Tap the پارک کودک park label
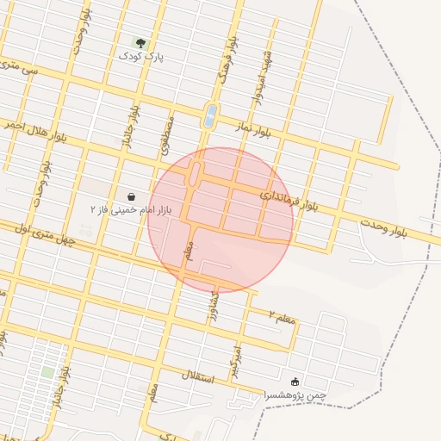click(x=141, y=56)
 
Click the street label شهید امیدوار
click(x=263, y=77)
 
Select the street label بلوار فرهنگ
click(x=227, y=53)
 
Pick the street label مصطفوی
click(x=165, y=137)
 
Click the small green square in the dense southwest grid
click(x=47, y=371)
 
